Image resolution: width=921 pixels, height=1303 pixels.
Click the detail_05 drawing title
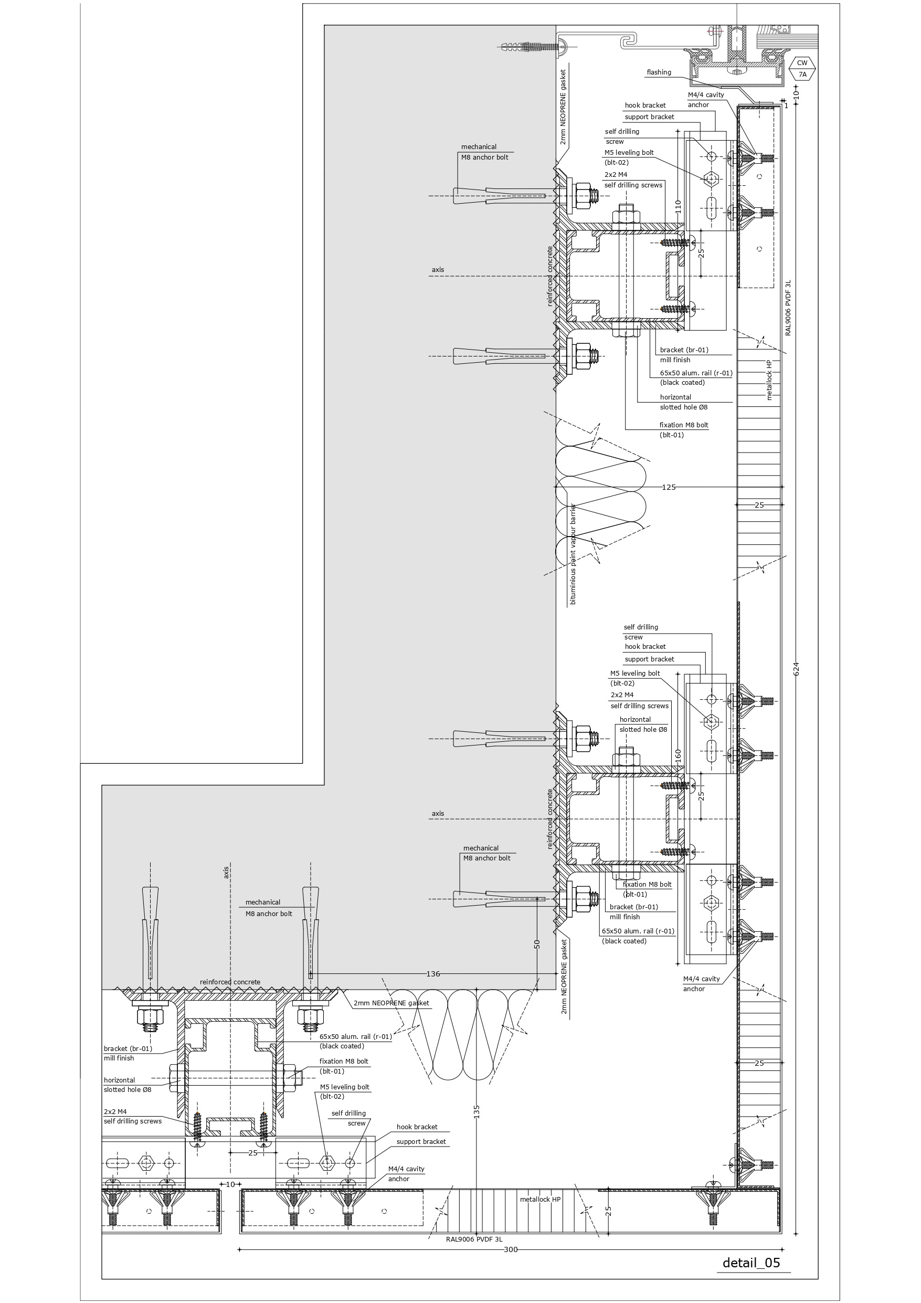tap(751, 1262)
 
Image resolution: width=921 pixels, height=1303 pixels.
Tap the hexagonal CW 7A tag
tap(802, 69)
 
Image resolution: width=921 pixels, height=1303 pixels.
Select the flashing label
tap(658, 72)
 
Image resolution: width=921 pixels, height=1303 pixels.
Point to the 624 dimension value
tap(796, 668)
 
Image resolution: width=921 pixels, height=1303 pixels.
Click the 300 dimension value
tap(510, 1249)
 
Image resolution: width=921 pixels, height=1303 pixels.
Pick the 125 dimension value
tap(669, 487)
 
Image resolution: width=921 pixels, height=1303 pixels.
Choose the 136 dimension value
tap(433, 974)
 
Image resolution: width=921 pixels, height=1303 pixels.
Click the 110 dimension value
tap(677, 206)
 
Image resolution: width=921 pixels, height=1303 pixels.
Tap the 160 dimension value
tap(677, 755)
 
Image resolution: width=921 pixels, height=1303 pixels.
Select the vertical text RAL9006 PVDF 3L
tap(788, 308)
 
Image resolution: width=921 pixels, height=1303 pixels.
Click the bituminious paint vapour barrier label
tap(573, 554)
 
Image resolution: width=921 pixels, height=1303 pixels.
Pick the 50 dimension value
tap(537, 944)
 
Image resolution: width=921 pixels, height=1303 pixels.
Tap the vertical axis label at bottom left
tap(226, 871)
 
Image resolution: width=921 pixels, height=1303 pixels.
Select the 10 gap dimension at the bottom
tap(230, 1184)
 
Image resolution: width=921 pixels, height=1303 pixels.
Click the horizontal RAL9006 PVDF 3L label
tap(474, 1239)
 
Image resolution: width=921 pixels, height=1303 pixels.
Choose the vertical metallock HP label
tap(769, 380)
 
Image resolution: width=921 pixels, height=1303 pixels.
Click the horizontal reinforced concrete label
tap(230, 982)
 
